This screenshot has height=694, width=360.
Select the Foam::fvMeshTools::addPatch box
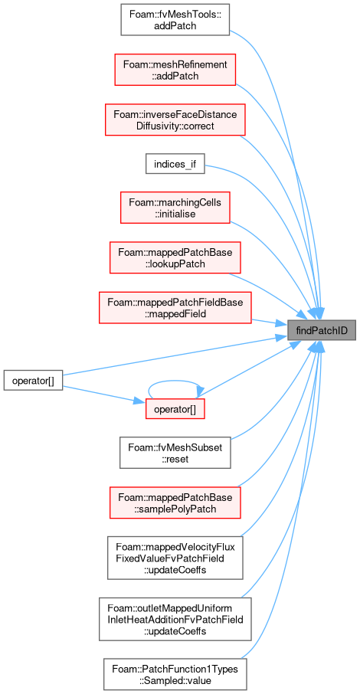click(x=175, y=20)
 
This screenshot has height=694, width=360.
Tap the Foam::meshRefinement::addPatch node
click(x=175, y=70)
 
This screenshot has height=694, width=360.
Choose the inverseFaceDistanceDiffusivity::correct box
click(x=175, y=120)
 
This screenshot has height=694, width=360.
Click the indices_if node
click(x=175, y=165)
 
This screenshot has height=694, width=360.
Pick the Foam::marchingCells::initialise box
click(x=175, y=208)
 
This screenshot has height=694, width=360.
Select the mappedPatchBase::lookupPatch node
click(x=175, y=257)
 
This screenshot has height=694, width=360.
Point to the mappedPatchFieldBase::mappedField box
click(x=175, y=308)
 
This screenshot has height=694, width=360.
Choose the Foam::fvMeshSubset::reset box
click(x=175, y=453)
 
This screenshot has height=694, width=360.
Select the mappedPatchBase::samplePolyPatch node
click(x=175, y=502)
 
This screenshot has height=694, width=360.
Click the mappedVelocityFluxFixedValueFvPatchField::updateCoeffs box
click(x=175, y=557)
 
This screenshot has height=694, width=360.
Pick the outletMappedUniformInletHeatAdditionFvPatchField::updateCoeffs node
click(x=175, y=619)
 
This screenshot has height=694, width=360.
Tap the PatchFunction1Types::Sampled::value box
click(x=175, y=674)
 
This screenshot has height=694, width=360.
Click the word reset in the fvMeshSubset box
click(x=175, y=459)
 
